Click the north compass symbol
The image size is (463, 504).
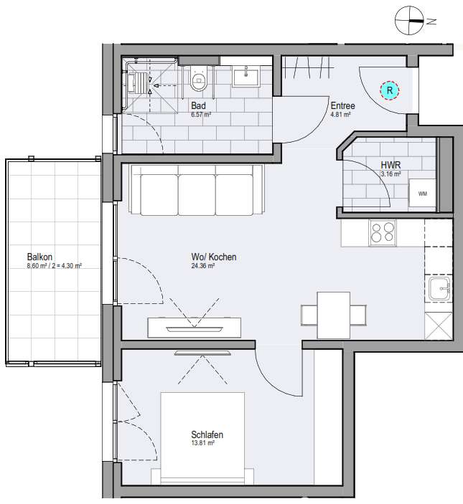coord(411,22)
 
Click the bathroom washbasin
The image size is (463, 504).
coord(251,75)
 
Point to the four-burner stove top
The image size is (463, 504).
coord(383,233)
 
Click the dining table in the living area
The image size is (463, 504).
coord(334,314)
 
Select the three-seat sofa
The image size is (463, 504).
coord(196,191)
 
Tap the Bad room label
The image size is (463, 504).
coord(198,105)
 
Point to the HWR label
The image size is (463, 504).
coord(390,165)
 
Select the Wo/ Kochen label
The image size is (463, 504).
coord(213,257)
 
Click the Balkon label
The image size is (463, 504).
coord(39,256)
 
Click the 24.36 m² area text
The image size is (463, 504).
coord(205,266)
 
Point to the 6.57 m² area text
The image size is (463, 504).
coord(200,113)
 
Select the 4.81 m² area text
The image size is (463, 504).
coord(340,113)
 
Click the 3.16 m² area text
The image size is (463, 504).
coord(390,173)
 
